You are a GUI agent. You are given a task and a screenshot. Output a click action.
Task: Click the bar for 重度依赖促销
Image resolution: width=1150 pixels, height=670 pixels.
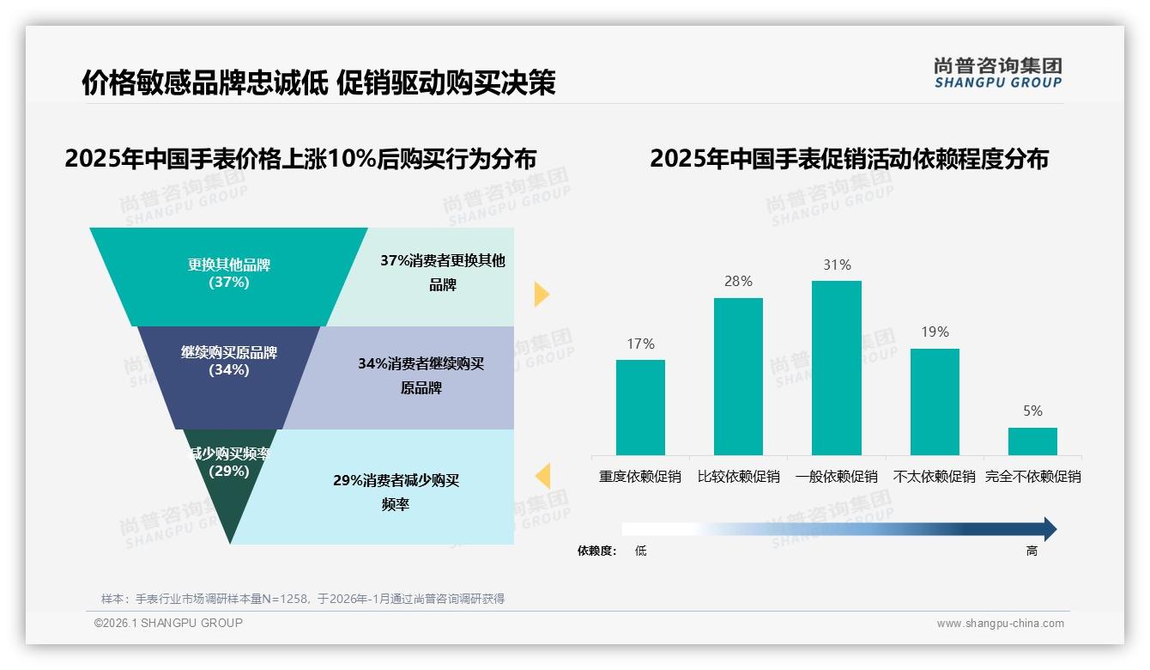pos(640,407)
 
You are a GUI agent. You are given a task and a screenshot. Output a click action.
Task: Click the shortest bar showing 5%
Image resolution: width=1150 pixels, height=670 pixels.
pos(1032,442)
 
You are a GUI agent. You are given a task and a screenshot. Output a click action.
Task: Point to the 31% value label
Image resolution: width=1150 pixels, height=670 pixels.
pos(837,265)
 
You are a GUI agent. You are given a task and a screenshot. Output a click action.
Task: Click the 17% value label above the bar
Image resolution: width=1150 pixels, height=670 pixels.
pos(640,344)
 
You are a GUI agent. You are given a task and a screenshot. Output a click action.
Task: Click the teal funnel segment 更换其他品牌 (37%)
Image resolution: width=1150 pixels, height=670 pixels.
pos(229,275)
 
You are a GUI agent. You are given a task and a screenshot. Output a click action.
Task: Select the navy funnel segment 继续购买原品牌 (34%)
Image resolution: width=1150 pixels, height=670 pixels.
pos(229,378)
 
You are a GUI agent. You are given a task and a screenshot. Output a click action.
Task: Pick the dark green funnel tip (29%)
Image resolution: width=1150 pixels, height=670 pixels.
pos(229,490)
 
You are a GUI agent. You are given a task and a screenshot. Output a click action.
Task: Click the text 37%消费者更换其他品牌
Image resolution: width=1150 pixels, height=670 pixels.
pos(443,273)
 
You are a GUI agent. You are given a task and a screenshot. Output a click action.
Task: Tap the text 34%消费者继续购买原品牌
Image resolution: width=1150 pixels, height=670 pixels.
pos(421,376)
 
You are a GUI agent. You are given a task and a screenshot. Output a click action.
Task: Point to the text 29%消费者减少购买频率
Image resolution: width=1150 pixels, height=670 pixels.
pos(396,492)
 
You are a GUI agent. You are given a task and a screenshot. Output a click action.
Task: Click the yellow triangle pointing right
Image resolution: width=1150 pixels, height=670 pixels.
pos(541,294)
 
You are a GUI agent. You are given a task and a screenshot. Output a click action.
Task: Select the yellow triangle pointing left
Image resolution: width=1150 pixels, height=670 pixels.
pos(542,476)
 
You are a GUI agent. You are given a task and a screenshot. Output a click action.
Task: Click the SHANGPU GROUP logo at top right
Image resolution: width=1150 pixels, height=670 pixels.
pos(997,73)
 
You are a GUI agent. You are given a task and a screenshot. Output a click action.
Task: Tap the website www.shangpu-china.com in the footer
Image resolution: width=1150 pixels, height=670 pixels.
pos(1000,624)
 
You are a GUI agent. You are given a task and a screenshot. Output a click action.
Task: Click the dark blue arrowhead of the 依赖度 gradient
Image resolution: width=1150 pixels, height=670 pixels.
pos(1049,529)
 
